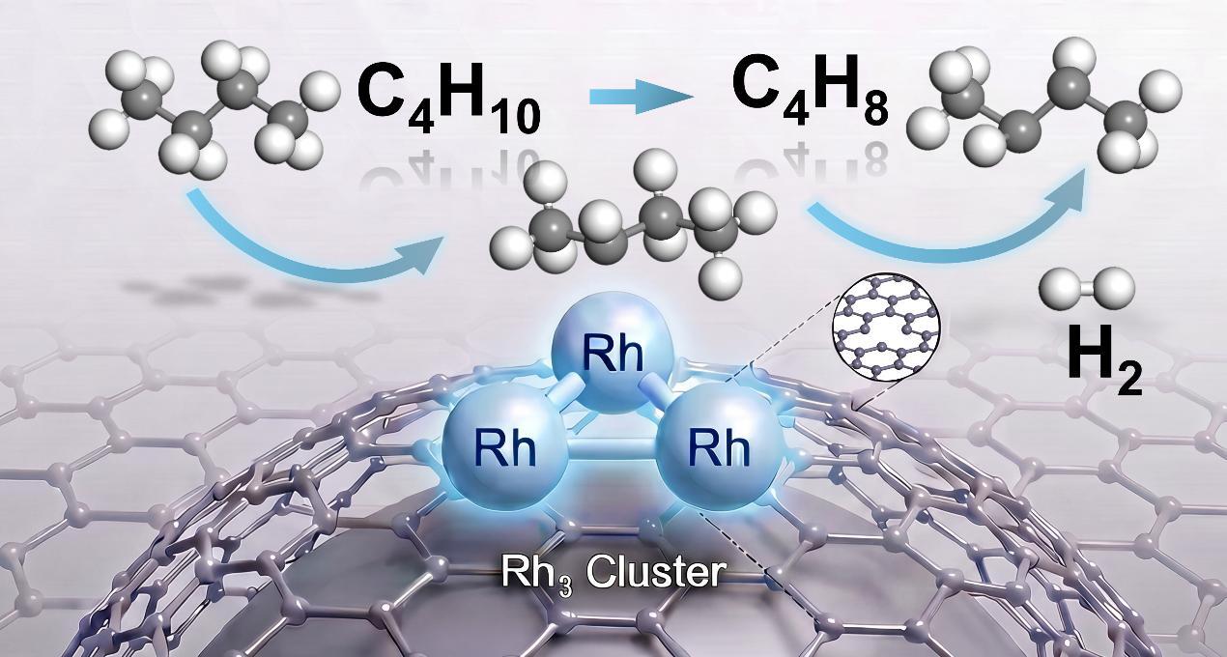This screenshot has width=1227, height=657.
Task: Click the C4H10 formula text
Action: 448,100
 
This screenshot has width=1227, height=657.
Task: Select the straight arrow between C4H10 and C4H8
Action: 641,98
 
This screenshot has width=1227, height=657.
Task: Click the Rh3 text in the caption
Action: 536,574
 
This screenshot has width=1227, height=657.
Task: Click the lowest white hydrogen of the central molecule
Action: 721,282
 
